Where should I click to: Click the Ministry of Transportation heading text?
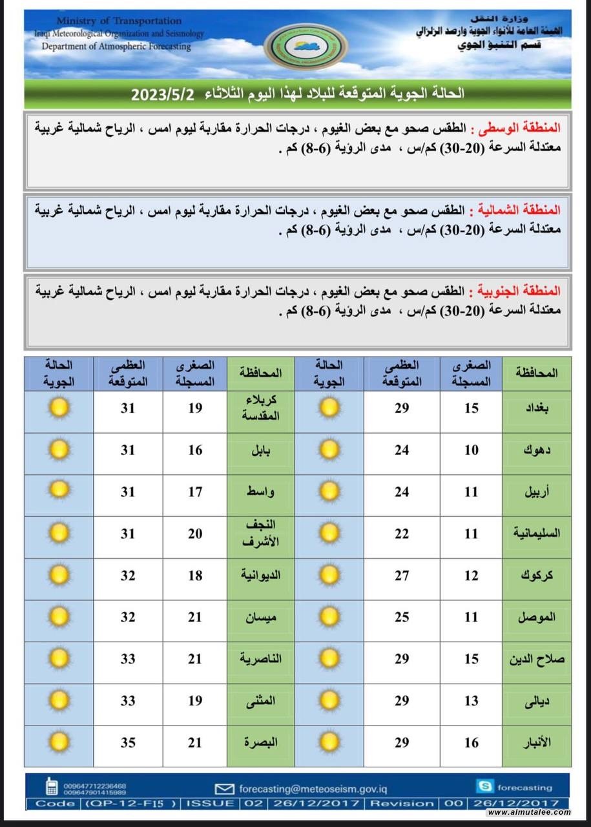(118, 21)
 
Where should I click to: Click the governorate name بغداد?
(537, 408)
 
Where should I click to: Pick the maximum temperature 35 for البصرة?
(128, 742)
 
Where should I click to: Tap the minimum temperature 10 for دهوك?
(472, 450)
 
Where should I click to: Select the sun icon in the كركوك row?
(329, 575)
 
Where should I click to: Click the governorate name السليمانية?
(536, 534)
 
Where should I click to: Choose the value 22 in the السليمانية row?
(402, 534)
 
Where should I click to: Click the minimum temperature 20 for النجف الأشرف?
(195, 534)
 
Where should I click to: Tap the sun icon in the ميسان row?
(59, 617)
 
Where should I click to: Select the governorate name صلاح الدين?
(536, 659)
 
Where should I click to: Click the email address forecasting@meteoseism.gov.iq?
(322, 788)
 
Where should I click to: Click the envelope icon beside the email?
(224, 788)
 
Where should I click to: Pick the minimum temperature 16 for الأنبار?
(472, 742)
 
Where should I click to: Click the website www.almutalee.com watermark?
(528, 812)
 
